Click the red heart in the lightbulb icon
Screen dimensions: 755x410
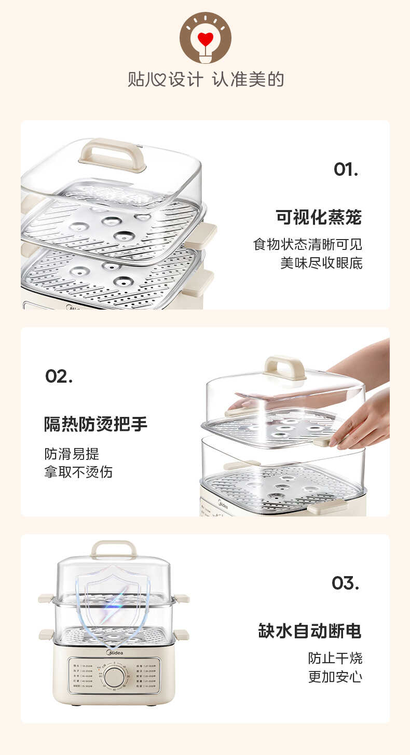point(206,39)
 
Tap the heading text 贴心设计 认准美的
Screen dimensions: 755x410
point(206,80)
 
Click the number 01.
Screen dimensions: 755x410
point(346,169)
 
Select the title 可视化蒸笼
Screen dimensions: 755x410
point(319,217)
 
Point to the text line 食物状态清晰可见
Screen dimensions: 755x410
point(308,244)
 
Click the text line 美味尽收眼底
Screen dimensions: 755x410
point(321,263)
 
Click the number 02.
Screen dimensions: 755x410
point(59,376)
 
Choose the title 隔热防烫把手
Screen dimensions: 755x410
point(96,424)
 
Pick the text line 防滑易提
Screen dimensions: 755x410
point(72,454)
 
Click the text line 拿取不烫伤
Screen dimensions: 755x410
point(78,472)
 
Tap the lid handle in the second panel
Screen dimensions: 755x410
point(284,367)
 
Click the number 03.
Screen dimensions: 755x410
point(345,583)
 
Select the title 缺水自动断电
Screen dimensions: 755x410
point(310,631)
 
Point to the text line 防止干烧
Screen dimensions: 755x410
point(335,659)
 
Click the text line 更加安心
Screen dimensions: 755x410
point(335,677)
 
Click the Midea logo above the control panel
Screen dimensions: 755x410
point(115,652)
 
